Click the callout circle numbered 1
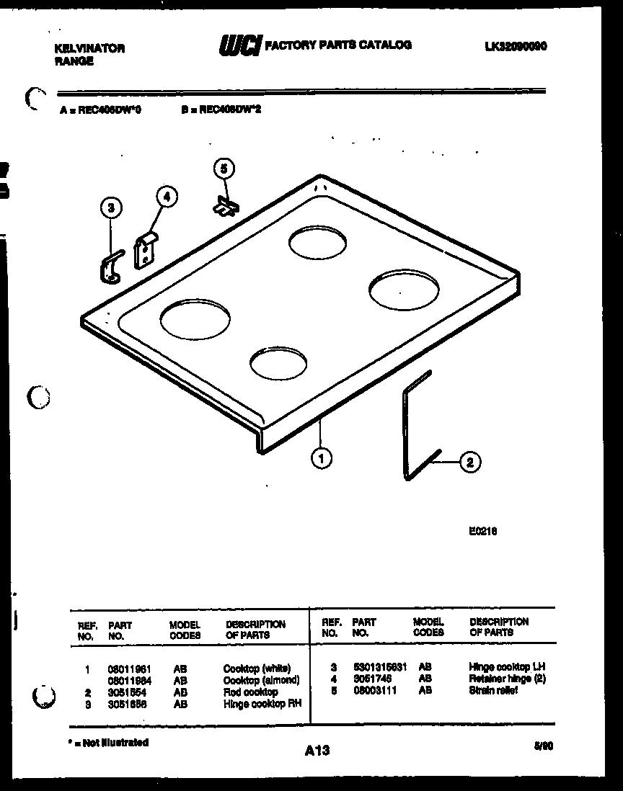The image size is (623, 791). (x=322, y=457)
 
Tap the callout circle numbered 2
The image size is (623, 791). (x=469, y=462)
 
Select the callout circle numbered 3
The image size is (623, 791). (x=110, y=209)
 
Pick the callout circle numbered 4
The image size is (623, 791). (x=167, y=196)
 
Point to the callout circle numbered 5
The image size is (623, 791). (x=224, y=169)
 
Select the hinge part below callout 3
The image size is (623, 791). (x=110, y=266)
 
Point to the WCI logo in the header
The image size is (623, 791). (x=240, y=46)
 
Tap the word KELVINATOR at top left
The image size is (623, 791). (x=90, y=48)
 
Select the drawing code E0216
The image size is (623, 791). (x=482, y=532)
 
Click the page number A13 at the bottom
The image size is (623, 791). (x=317, y=750)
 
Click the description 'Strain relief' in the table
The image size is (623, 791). (x=493, y=691)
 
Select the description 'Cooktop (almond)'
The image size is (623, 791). (x=261, y=680)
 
